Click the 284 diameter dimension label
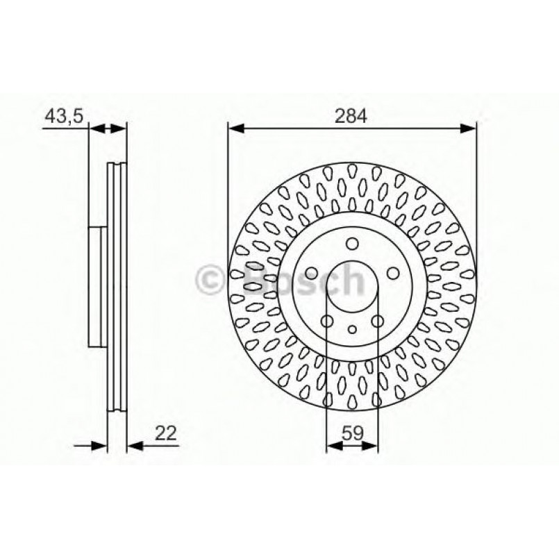tap(352, 116)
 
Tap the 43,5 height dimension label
tap(64, 116)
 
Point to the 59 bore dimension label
tap(352, 433)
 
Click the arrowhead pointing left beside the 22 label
tap(134, 445)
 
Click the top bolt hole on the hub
tap(351, 243)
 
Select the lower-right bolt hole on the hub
tap(376, 321)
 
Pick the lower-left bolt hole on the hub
tap(327, 321)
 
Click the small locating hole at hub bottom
tap(351, 329)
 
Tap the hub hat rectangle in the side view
tap(98, 286)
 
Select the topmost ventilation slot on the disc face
tap(351, 170)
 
